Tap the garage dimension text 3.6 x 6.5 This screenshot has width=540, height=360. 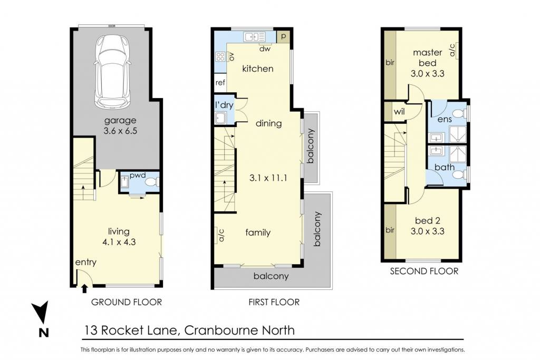(120, 131)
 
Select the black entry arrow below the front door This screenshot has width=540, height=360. (84, 288)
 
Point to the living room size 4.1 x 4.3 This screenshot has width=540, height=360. (119, 242)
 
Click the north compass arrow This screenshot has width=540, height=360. (42, 312)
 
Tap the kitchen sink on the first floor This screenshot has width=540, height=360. (255, 36)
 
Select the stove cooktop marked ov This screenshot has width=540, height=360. (220, 57)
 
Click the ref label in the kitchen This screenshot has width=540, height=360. (220, 83)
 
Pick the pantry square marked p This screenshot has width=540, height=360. (283, 36)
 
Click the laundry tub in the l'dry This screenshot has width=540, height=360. (220, 119)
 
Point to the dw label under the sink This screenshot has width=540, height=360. (265, 49)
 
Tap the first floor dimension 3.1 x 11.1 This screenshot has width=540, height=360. (268, 178)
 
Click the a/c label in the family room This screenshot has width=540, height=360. (221, 235)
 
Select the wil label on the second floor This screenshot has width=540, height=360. (399, 112)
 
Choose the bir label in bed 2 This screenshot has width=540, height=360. (390, 230)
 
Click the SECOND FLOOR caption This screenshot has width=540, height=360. (424, 271)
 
